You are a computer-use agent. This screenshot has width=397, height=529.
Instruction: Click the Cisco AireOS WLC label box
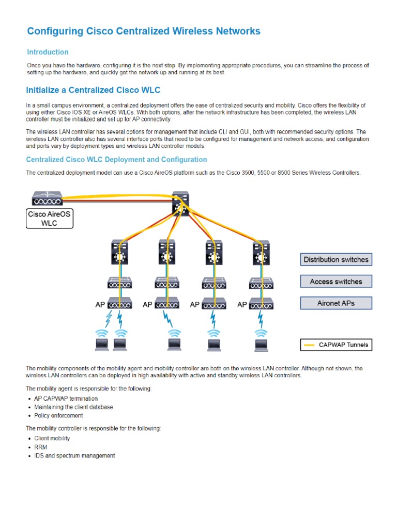click(50, 219)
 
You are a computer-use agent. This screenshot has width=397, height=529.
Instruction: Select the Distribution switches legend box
click(336, 259)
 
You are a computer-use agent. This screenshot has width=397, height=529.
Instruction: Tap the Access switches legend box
click(336, 282)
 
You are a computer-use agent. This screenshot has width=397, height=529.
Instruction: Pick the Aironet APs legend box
click(336, 303)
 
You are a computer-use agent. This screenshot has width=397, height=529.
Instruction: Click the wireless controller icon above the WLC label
click(47, 197)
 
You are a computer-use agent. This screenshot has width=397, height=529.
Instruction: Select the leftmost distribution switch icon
click(119, 253)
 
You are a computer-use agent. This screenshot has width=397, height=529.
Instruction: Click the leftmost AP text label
click(100, 305)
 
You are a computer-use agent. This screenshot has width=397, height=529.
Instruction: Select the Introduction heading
click(48, 52)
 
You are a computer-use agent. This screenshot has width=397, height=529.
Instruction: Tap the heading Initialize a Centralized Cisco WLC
click(90, 90)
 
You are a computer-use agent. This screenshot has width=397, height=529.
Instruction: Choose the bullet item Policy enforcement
click(58, 415)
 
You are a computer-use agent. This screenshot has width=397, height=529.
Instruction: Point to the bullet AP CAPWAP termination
click(66, 399)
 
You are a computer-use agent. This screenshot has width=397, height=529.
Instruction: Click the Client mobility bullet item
click(52, 439)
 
